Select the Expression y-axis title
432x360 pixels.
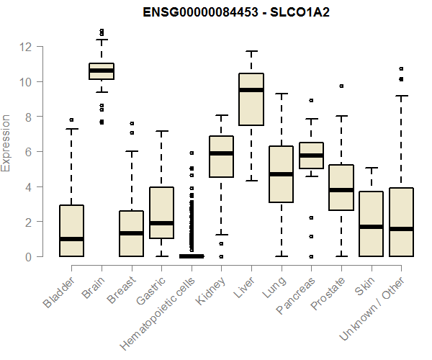point(6,142)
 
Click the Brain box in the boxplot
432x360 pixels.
point(102,71)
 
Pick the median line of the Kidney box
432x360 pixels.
point(221,153)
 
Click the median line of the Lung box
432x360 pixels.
point(281,174)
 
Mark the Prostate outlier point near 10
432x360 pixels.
point(341,86)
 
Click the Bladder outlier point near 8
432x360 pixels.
point(71,120)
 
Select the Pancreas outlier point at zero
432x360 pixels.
point(311,256)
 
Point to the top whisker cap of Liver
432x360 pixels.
point(251,52)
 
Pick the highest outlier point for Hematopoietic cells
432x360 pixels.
point(192,153)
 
